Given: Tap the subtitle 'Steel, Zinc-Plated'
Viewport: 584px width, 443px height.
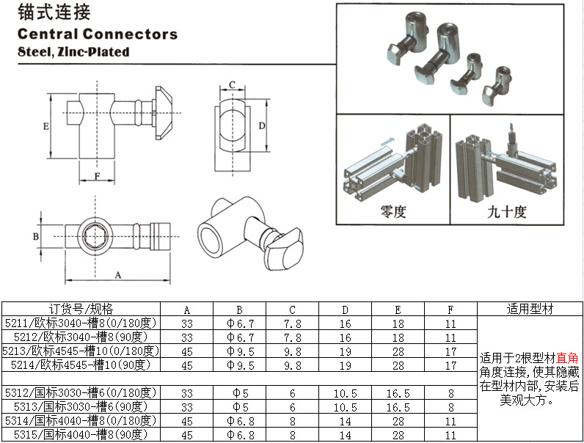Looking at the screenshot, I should (73, 52).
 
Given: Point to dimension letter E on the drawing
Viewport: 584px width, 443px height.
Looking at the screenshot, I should (45, 126).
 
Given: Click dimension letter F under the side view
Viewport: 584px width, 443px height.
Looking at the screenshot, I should (97, 176).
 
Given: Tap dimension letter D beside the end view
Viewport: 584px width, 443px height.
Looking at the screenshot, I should (262, 126).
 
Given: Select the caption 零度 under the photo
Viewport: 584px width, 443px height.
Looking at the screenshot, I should (393, 213).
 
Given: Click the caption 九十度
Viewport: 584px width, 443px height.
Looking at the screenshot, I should (507, 213).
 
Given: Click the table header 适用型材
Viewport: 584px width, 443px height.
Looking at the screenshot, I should (528, 309).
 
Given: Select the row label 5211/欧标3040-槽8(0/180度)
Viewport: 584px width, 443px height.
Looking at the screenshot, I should (81, 323).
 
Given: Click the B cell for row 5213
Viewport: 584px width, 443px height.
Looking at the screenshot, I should (240, 351).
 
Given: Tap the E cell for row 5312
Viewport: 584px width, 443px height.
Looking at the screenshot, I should (398, 392).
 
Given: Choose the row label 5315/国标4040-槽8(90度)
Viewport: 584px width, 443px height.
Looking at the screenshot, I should (81, 434).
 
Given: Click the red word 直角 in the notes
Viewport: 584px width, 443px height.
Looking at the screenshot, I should (567, 358).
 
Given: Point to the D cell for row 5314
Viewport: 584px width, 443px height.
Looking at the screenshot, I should (345, 420).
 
